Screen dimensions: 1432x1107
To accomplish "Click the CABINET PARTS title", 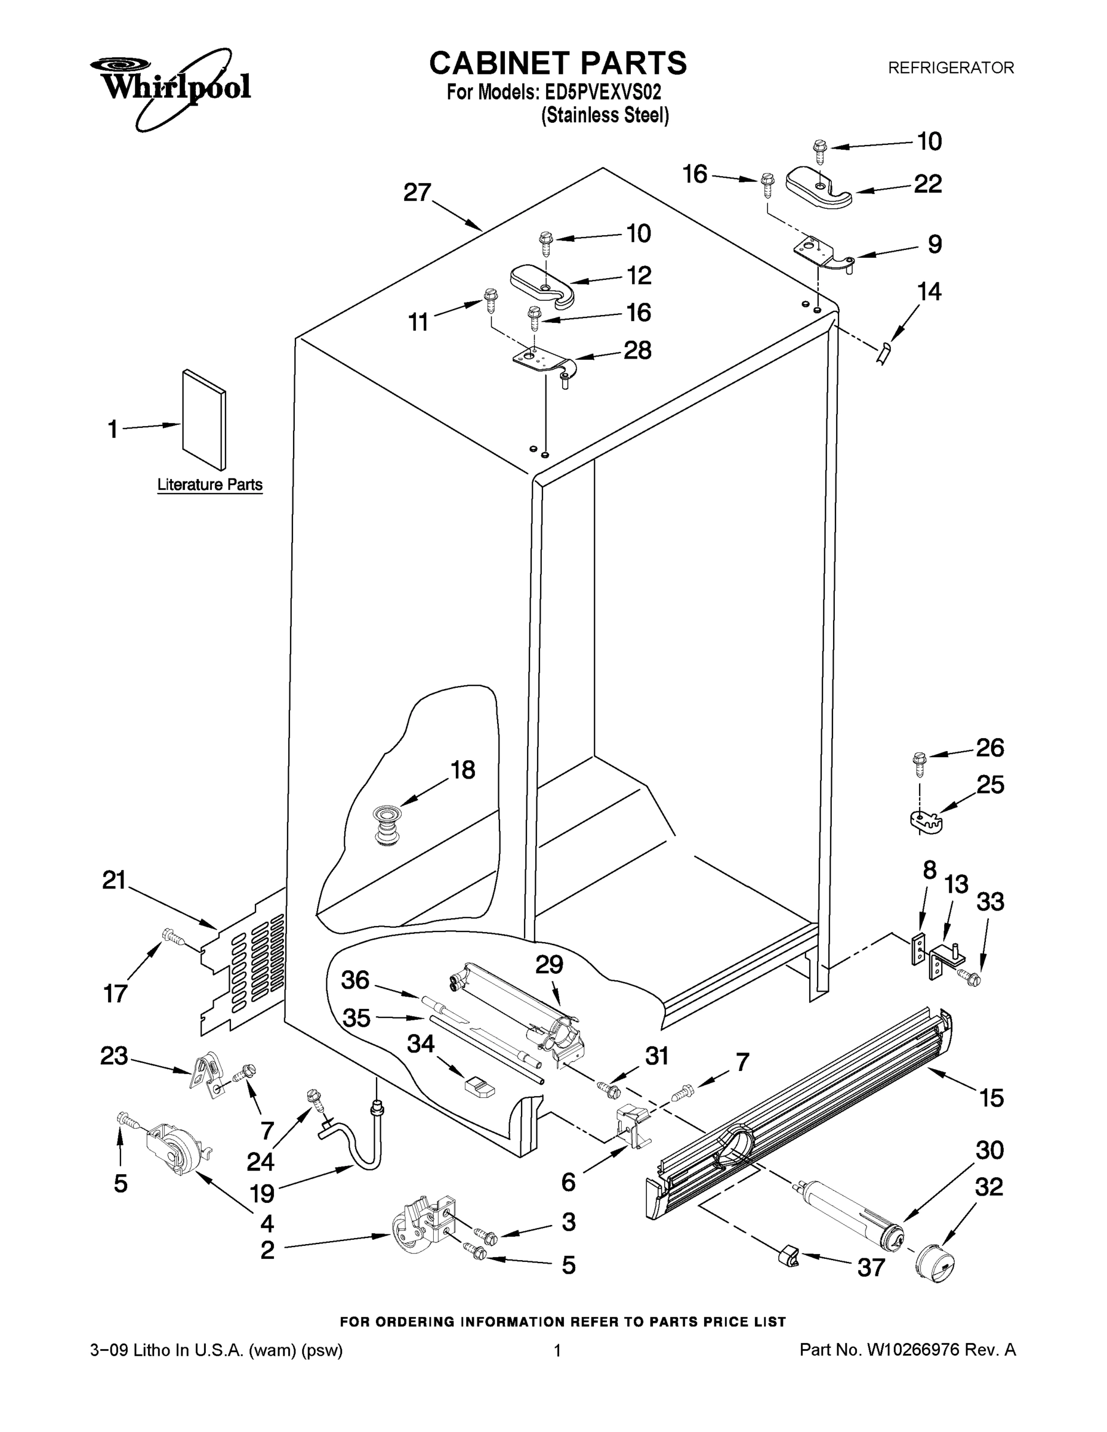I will [x=557, y=64].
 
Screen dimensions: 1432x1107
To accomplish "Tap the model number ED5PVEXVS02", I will [x=603, y=92].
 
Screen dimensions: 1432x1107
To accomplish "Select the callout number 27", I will [x=417, y=193].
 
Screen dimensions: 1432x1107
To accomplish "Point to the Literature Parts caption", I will [x=210, y=484].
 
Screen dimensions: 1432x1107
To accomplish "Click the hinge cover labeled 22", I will [x=817, y=187].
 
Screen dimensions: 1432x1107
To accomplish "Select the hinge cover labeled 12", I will [x=542, y=284].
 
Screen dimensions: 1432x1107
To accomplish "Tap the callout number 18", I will [x=463, y=770].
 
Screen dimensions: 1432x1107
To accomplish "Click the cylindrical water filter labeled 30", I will [x=853, y=1209].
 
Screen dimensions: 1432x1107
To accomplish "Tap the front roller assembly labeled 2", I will [x=423, y=1225].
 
